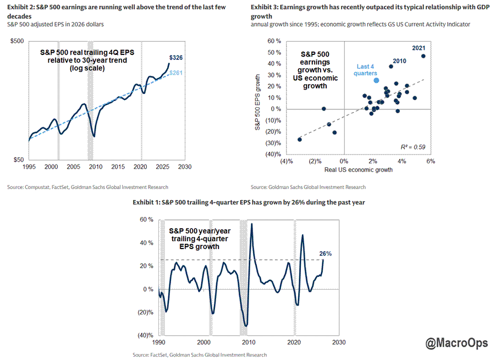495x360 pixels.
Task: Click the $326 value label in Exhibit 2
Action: (176, 57)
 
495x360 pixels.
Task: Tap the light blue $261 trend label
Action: (176, 73)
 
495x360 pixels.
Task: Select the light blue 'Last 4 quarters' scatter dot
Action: (376, 80)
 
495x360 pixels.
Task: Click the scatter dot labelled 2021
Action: (424, 56)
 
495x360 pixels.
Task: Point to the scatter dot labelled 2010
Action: (391, 67)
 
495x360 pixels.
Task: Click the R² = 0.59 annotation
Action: (413, 147)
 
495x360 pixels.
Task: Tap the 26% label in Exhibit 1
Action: (326, 254)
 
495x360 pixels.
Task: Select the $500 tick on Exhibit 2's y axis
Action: (17, 41)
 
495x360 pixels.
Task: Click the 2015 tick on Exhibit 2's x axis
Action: (118, 167)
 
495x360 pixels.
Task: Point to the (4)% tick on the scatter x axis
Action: (287, 162)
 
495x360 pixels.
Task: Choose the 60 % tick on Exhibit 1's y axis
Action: (146, 220)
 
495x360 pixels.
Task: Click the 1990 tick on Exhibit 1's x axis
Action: (158, 342)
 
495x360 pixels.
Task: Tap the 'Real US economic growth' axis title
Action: (359, 170)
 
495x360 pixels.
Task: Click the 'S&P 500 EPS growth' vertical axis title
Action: (257, 102)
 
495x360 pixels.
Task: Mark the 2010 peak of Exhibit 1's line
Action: (251, 224)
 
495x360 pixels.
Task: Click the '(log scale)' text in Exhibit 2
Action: (87, 68)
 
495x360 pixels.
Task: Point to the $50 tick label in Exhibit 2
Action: (19, 159)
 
